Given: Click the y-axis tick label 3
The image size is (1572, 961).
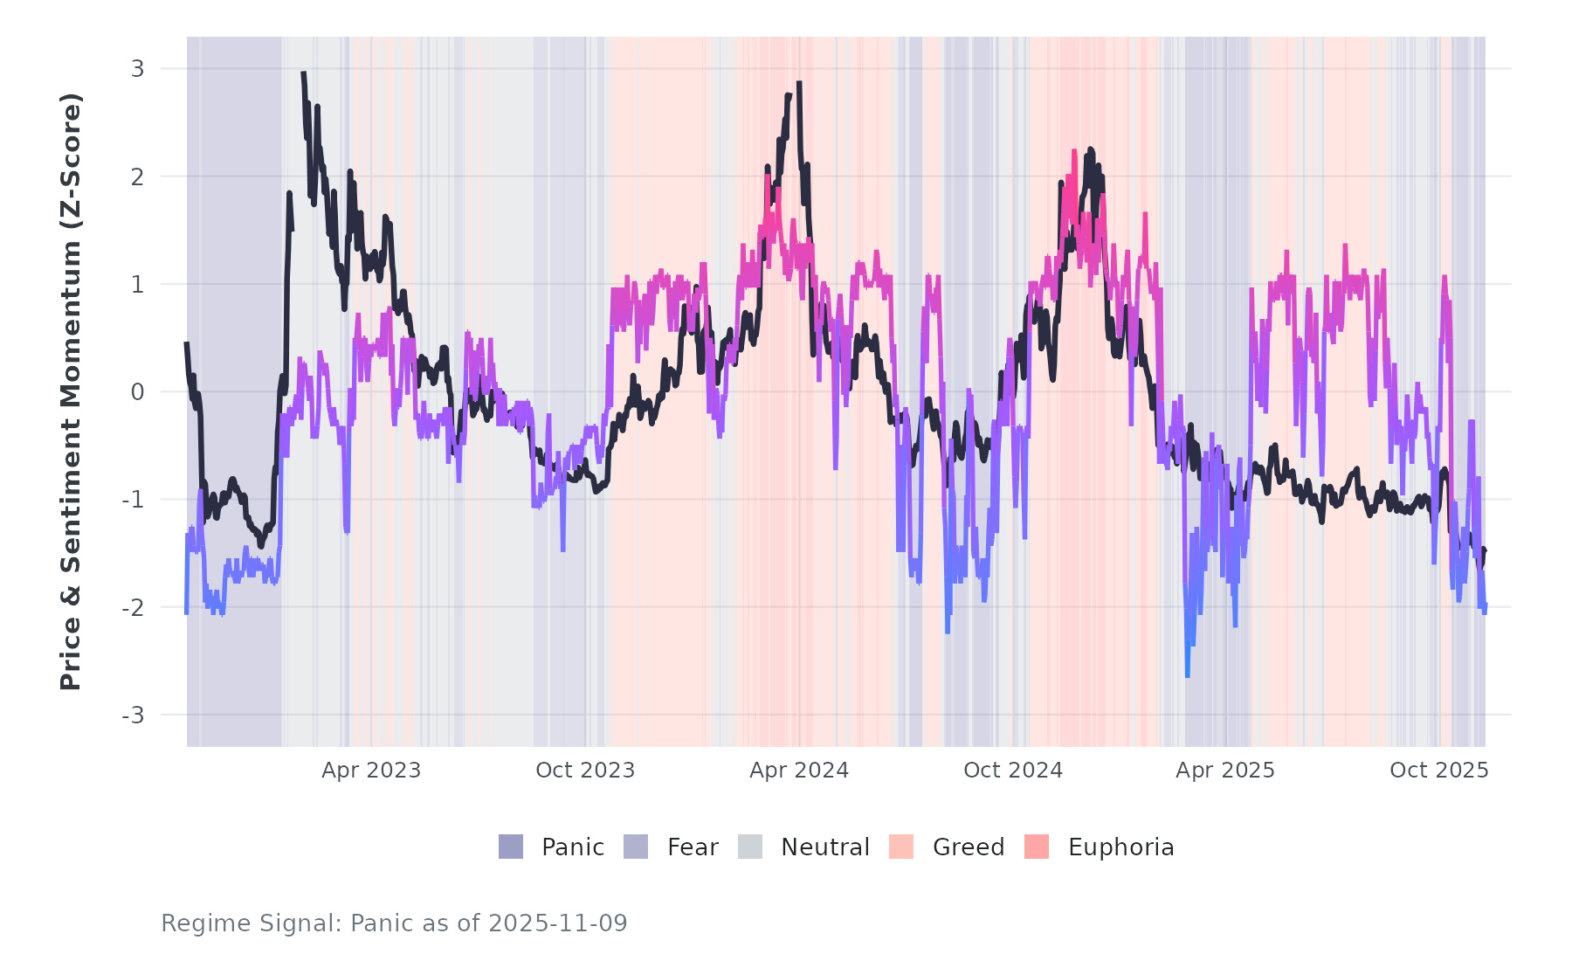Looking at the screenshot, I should click(x=137, y=69).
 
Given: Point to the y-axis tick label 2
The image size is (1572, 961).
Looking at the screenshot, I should click(x=137, y=176).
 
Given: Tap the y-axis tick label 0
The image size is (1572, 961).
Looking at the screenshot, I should click(x=137, y=392).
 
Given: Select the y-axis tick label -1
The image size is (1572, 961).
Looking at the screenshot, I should click(x=133, y=500).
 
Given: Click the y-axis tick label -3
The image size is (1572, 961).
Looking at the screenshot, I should click(x=133, y=716).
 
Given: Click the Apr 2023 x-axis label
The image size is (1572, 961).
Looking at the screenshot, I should click(x=371, y=771).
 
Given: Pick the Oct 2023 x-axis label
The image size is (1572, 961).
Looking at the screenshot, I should click(x=585, y=771).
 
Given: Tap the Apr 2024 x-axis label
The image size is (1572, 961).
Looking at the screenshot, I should click(x=799, y=771).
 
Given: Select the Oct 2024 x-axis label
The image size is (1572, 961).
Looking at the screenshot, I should click(x=1013, y=771).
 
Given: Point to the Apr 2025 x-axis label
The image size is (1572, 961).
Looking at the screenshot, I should click(x=1225, y=771).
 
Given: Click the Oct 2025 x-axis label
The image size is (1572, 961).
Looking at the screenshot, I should click(x=1439, y=771).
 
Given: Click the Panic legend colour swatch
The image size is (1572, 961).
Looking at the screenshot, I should click(x=511, y=847).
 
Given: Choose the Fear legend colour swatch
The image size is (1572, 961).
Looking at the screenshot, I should click(x=636, y=847).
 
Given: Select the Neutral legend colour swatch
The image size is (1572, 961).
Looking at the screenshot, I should click(x=750, y=847).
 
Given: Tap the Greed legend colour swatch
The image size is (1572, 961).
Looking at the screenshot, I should click(x=901, y=847).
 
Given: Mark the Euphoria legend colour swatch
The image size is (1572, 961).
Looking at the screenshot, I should click(x=1037, y=847).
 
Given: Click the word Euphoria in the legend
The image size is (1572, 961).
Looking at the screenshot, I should click(x=1120, y=847).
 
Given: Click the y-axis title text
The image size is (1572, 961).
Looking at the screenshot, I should click(x=71, y=391).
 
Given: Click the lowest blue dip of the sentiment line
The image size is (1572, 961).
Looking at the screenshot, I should click(x=1187, y=674).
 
